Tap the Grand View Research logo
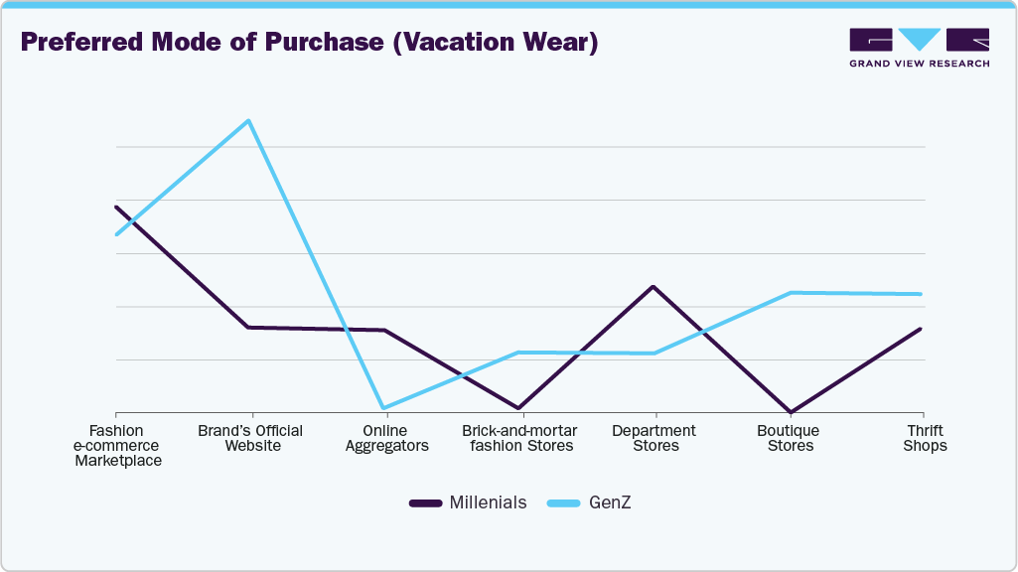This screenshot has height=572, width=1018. point(919,48)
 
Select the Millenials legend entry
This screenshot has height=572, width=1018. point(468,502)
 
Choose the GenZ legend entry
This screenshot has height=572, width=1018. point(590,502)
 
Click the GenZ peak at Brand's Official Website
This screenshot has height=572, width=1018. point(249,121)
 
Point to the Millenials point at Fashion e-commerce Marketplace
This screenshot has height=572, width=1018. point(117,208)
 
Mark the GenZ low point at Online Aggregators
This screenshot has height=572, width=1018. point(383,408)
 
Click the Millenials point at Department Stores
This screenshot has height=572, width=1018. point(653,286)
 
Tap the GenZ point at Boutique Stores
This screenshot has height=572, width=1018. point(790,293)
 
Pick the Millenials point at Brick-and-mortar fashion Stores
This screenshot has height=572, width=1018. point(518,408)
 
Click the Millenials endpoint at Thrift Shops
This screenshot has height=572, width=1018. point(921,329)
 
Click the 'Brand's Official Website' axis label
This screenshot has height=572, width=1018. point(250,438)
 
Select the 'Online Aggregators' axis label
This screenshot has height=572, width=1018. point(386,438)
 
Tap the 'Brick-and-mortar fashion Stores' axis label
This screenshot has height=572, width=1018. point(519,438)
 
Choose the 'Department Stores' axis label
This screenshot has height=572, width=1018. point(654,438)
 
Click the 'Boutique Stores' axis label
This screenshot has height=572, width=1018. point(789,438)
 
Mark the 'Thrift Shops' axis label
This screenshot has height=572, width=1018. point(924,438)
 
